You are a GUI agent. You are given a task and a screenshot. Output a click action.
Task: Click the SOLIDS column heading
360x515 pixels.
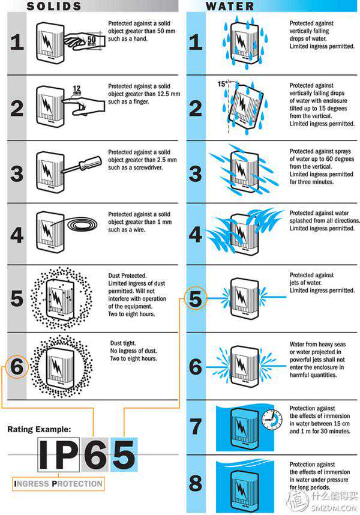pos(54,6)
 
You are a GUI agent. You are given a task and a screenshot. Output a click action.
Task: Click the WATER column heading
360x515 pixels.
pos(230,6)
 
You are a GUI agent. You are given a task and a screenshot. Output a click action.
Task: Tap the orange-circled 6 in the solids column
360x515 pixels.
pos(17,367)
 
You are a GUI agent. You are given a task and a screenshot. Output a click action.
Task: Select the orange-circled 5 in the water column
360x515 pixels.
pos(195,298)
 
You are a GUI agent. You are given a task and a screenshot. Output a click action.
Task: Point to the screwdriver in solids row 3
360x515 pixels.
pos(82,164)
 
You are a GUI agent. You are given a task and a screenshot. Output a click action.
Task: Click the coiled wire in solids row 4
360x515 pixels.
pos(82,224)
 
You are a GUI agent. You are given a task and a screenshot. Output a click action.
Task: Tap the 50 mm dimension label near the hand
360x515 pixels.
pos(92,41)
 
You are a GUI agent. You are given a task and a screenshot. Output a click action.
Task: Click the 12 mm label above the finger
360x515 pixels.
pos(77,89)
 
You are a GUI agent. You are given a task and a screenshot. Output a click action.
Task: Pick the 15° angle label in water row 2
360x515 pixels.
pos(222,84)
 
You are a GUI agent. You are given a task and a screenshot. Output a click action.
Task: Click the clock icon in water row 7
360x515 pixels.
pos(272,420)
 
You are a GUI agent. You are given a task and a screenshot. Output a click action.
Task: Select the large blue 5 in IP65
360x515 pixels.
pos(124,454)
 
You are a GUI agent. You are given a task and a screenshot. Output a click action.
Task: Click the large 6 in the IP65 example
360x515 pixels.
pos(95,454)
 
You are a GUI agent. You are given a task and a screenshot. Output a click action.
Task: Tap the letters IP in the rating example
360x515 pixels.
pos(59,454)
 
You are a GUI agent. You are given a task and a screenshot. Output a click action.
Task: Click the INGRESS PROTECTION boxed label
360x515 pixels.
pos(58,484)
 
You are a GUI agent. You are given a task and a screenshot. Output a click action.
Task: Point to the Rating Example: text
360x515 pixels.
pos(39,429)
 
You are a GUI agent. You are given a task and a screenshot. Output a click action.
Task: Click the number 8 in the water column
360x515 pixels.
pos(196,483)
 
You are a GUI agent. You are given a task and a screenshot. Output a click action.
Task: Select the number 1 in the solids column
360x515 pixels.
pos(17,43)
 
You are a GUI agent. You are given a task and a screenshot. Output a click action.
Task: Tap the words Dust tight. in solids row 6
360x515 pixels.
pos(123,343)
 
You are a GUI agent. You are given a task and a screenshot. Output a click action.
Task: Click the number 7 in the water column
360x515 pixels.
pos(196,426)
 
